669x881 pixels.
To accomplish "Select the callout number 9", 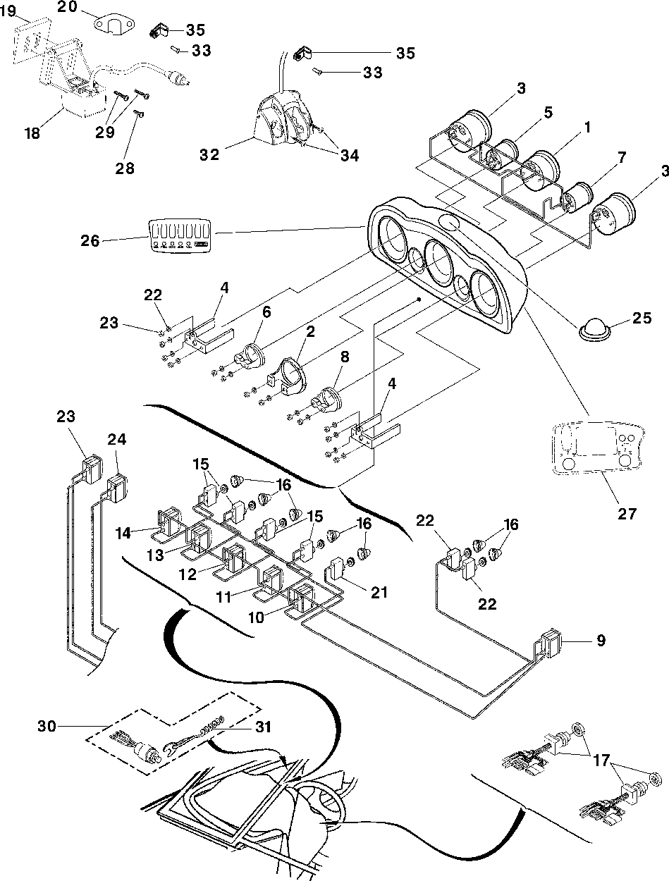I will [600, 641].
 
